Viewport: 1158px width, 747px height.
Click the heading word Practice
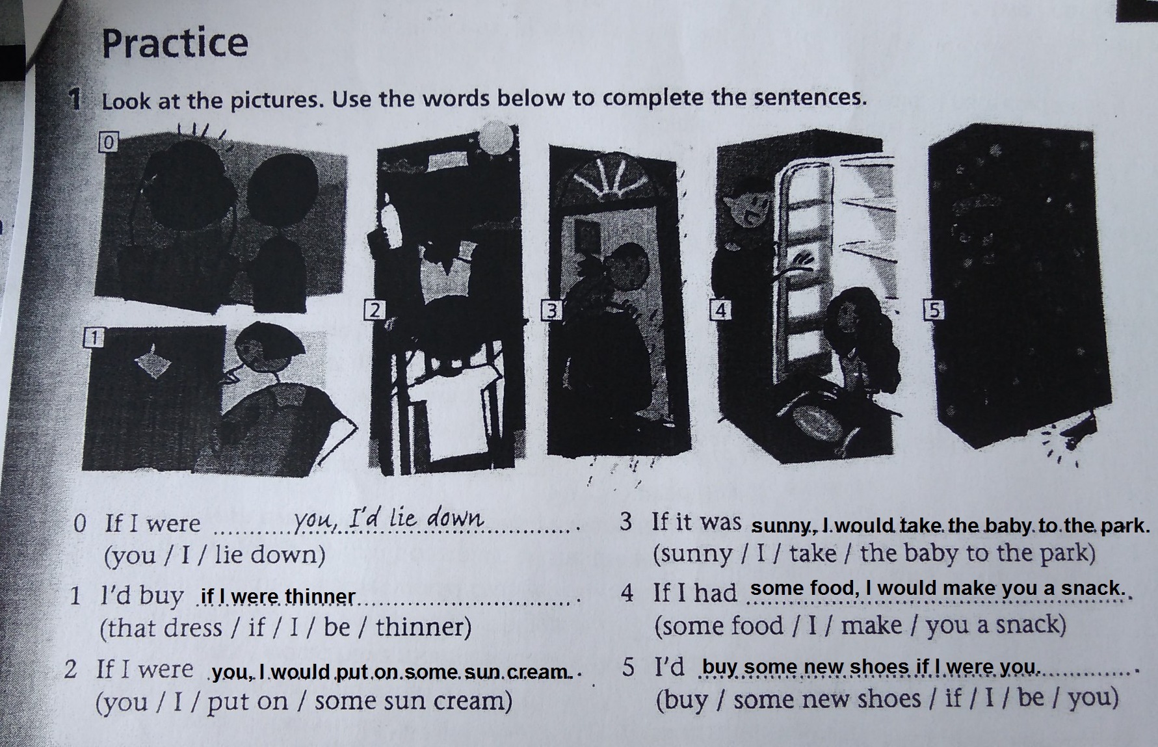coord(175,43)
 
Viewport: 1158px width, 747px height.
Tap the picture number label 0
coord(108,142)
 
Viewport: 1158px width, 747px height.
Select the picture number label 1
coord(94,338)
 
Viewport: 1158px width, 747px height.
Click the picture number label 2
coord(374,310)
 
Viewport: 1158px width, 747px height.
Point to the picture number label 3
coord(552,311)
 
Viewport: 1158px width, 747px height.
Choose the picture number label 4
coord(720,310)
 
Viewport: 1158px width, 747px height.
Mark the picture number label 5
coord(933,310)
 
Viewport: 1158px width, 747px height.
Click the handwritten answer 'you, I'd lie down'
coord(388,519)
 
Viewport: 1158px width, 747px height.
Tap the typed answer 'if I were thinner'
coord(278,596)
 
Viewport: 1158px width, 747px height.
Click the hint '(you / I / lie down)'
coord(215,555)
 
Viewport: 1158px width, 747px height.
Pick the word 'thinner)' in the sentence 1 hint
coord(423,627)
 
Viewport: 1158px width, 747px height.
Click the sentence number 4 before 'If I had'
coord(627,593)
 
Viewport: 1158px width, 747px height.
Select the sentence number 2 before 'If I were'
coord(71,670)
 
